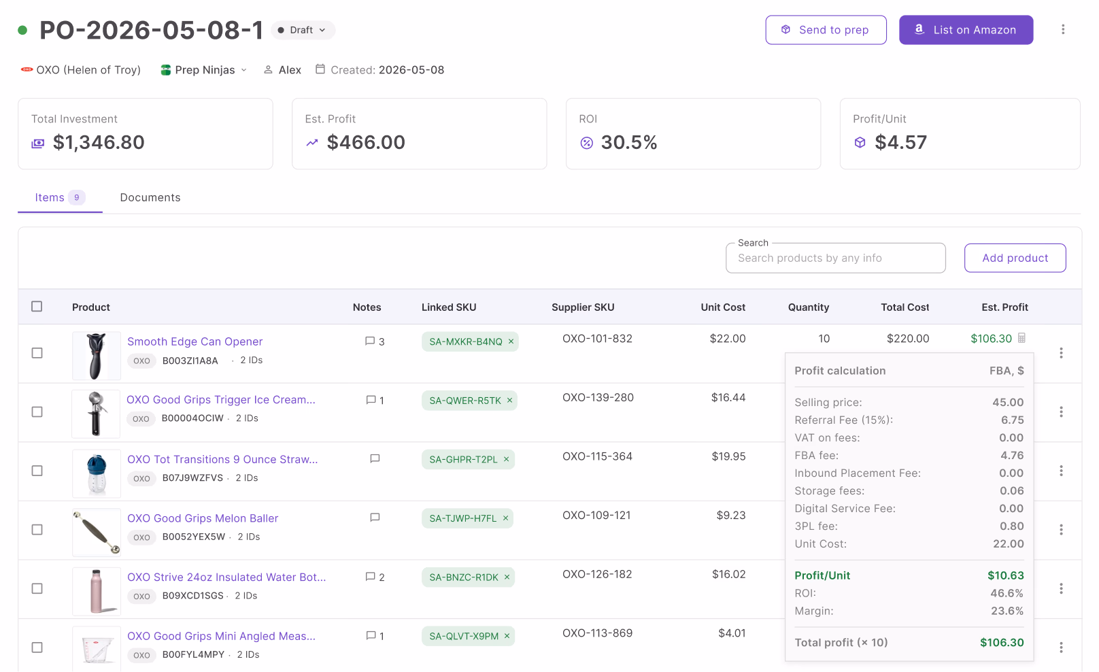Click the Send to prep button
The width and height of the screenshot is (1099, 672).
[x=826, y=30]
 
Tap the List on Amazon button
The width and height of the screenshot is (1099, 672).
[x=966, y=30]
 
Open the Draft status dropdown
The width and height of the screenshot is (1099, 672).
[x=303, y=30]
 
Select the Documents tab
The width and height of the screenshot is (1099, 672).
[x=150, y=197]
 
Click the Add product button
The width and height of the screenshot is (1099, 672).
[x=1015, y=258]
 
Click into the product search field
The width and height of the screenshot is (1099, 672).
[x=836, y=258]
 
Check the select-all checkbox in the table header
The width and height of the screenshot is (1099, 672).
[x=37, y=307]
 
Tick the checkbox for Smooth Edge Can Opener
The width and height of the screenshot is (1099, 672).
[x=37, y=353]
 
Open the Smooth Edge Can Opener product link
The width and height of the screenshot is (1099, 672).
[x=195, y=341]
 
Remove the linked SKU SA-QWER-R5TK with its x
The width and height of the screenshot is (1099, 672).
[x=510, y=400]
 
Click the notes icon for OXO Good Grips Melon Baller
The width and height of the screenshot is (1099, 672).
[x=375, y=518]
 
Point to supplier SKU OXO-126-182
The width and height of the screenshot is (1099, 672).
[x=597, y=574]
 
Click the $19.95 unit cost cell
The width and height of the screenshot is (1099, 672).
[x=728, y=456]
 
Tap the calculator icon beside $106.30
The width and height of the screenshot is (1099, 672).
[x=1021, y=338]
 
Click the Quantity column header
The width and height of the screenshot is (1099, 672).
[x=809, y=307]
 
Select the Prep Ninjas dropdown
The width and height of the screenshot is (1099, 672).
[x=204, y=70]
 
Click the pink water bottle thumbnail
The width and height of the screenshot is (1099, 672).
[x=96, y=591]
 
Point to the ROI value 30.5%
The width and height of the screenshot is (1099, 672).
[x=629, y=142]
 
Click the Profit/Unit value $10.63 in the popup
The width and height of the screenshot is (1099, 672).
[x=1006, y=575]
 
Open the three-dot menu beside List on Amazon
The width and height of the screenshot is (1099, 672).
[x=1063, y=29]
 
